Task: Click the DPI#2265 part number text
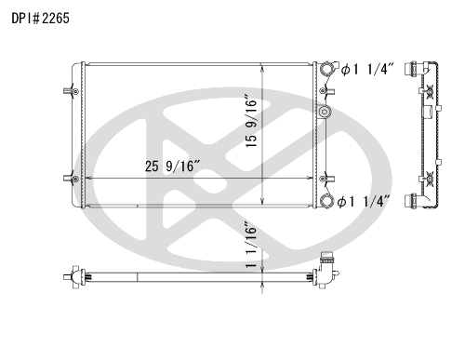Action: point(39,18)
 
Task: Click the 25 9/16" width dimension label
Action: point(172,167)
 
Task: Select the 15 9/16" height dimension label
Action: point(249,121)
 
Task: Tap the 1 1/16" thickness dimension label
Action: point(249,245)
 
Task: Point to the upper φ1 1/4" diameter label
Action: point(367,71)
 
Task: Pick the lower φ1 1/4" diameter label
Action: point(367,201)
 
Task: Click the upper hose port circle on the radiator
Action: point(326,71)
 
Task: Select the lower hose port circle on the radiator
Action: point(326,200)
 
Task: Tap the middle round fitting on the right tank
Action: point(325,113)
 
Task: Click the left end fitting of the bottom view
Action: point(72,276)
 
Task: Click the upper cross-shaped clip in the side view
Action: point(430,91)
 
